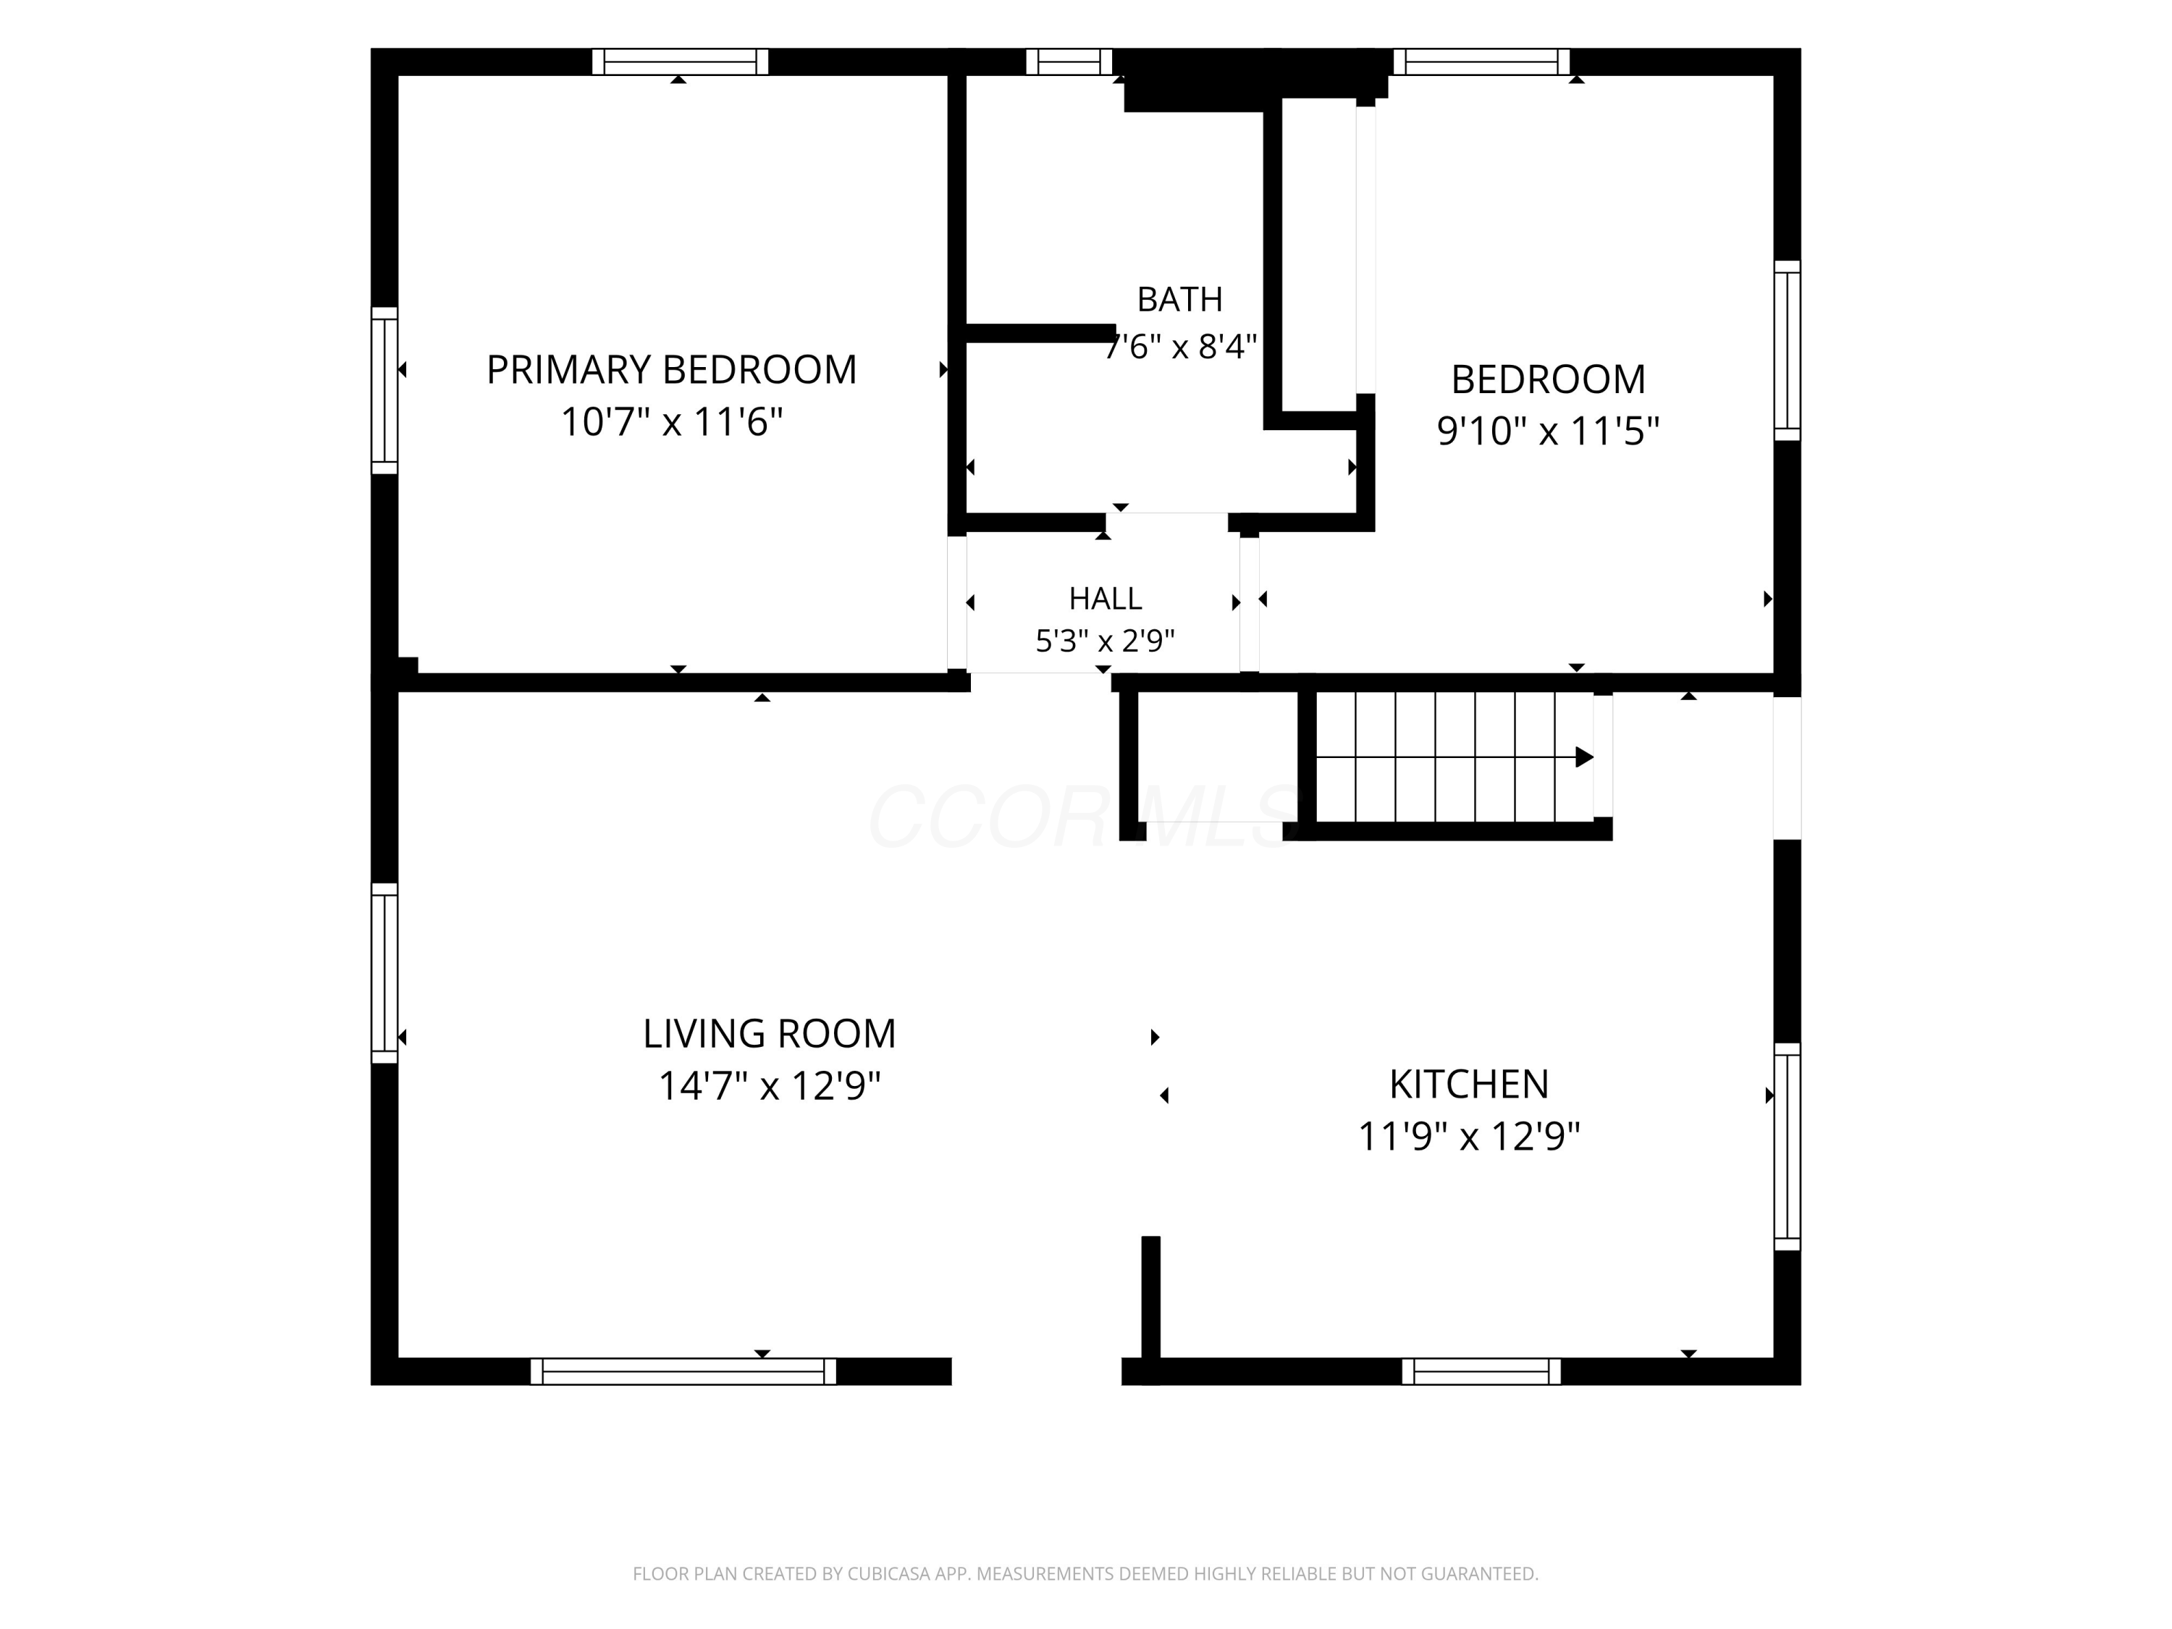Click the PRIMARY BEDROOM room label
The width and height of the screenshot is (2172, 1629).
point(672,370)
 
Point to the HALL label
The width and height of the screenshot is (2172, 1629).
point(1105,598)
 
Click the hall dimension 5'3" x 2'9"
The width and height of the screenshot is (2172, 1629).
point(1105,641)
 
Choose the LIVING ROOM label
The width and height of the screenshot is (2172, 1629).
point(769,1033)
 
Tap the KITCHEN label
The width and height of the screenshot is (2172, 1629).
point(1469,1084)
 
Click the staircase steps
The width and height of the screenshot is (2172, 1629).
point(1455,757)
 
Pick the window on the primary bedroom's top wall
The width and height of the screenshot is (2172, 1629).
point(680,62)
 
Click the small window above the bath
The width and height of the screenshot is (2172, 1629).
point(1069,62)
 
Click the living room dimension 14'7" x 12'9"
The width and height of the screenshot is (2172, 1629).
point(769,1086)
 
